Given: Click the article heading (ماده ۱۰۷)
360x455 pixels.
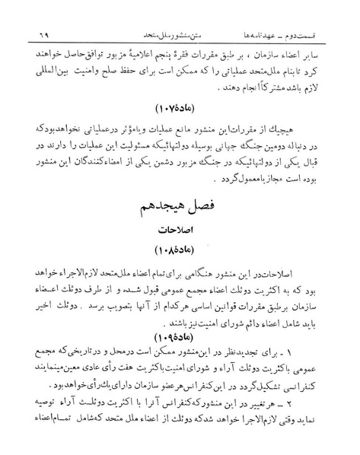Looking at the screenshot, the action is pyautogui.click(x=180, y=119).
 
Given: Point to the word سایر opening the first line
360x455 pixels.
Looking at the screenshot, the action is pyautogui.click(x=331, y=35).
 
